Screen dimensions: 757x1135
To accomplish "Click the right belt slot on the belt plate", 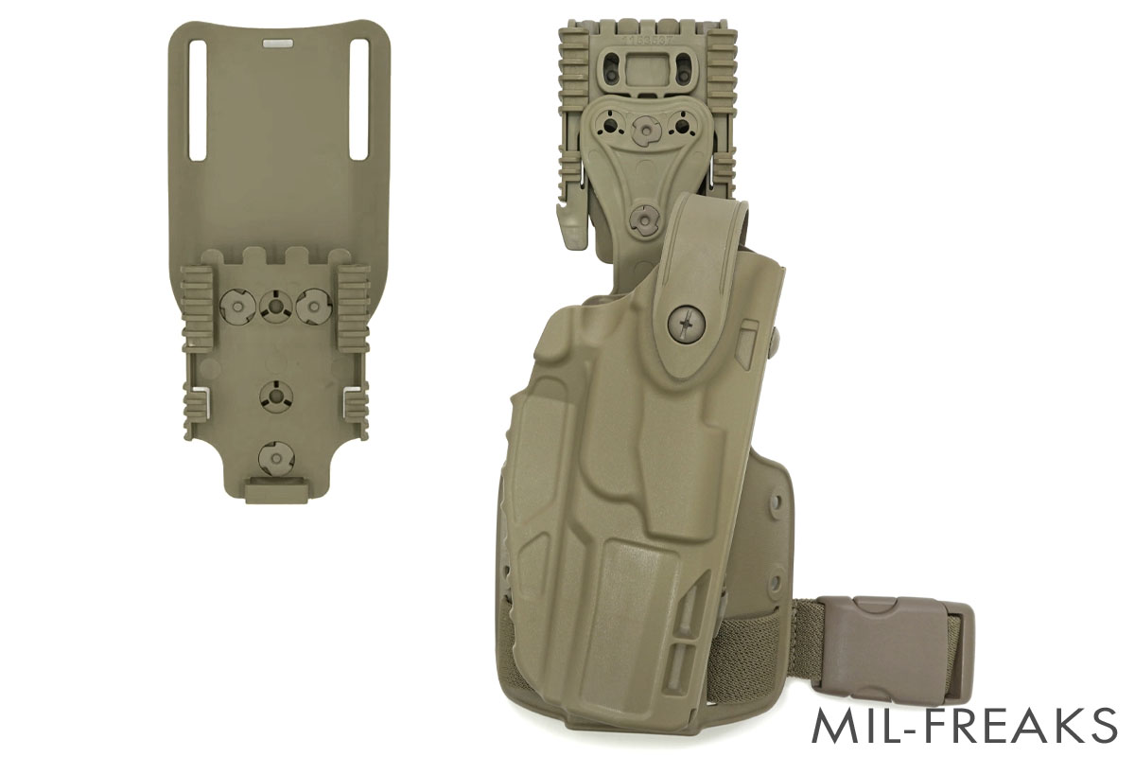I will coord(358,99).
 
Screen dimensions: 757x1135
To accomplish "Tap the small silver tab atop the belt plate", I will coord(277,44).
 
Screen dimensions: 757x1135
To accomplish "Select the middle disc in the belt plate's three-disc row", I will coord(275,305).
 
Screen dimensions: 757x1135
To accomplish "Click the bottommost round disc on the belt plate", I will coord(275,458).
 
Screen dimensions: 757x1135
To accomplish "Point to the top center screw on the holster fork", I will coord(645,128).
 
